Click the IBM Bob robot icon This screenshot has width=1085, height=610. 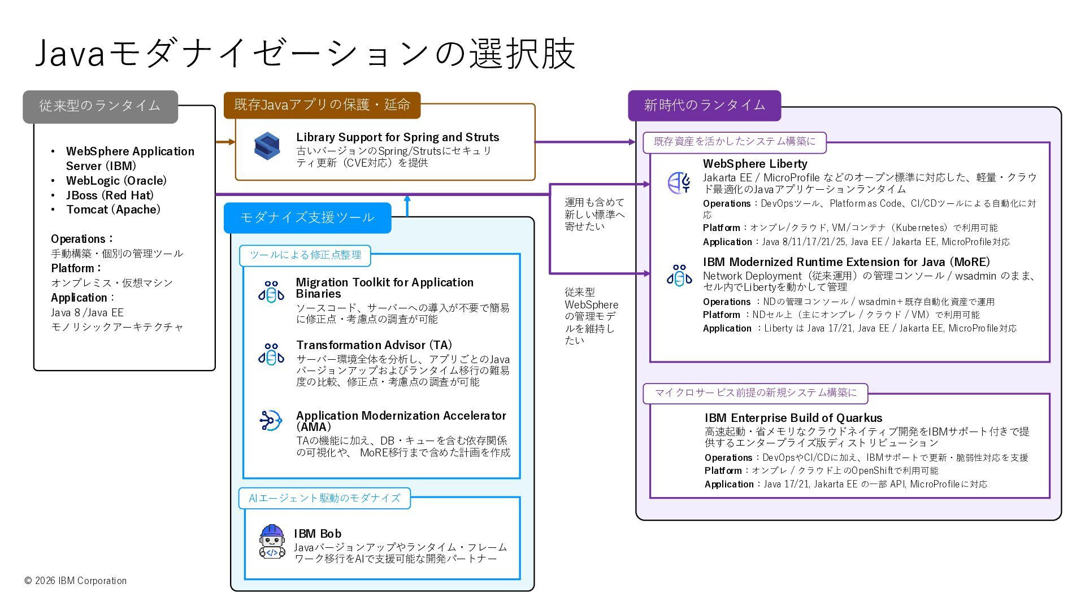272,542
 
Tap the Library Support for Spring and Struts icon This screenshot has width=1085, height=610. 267,146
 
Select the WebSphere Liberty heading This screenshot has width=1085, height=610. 755,164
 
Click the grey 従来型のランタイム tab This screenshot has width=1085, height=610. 100,106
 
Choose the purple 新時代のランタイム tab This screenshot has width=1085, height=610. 704,106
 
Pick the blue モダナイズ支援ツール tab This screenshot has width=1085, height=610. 307,218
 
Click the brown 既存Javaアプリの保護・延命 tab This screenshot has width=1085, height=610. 322,105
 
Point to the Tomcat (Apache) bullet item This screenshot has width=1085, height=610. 113,210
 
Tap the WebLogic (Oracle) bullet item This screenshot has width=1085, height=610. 116,181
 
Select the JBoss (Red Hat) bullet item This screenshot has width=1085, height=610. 110,195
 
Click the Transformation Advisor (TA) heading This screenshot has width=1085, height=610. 374,345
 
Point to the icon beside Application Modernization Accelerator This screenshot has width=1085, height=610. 271,421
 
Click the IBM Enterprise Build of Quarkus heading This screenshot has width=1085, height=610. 793,418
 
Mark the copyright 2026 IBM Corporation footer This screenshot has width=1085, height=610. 76,581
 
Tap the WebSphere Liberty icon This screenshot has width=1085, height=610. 679,183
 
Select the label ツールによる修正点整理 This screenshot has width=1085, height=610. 305,255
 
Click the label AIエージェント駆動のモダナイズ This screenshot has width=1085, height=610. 324,498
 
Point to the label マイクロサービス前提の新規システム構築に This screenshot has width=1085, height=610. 755,393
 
